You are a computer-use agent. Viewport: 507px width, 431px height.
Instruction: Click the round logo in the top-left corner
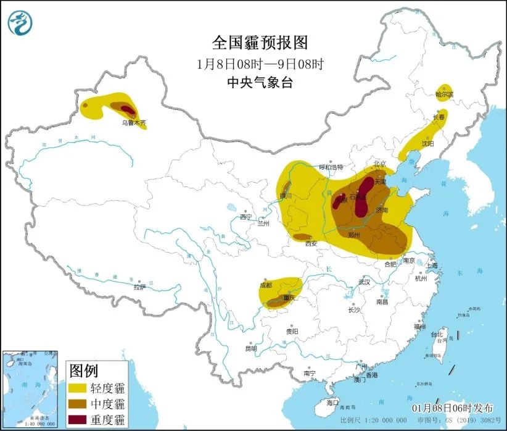[x=19, y=22]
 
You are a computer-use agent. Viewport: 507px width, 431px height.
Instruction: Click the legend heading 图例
[x=83, y=370]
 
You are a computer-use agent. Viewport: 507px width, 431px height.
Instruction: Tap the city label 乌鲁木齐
[x=134, y=123]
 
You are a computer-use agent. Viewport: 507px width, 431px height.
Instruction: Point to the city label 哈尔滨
[x=443, y=95]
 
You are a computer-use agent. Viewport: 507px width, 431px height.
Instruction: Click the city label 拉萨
[x=139, y=287]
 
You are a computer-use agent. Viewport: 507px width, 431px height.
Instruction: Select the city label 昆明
[x=250, y=349]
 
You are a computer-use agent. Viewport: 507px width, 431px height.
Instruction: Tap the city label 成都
[x=266, y=285]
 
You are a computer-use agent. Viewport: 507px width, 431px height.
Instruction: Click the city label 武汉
[x=363, y=282]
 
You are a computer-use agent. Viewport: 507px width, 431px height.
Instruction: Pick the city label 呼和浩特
[x=330, y=167]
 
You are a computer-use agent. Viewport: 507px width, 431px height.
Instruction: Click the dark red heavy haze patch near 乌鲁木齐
[x=127, y=109]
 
